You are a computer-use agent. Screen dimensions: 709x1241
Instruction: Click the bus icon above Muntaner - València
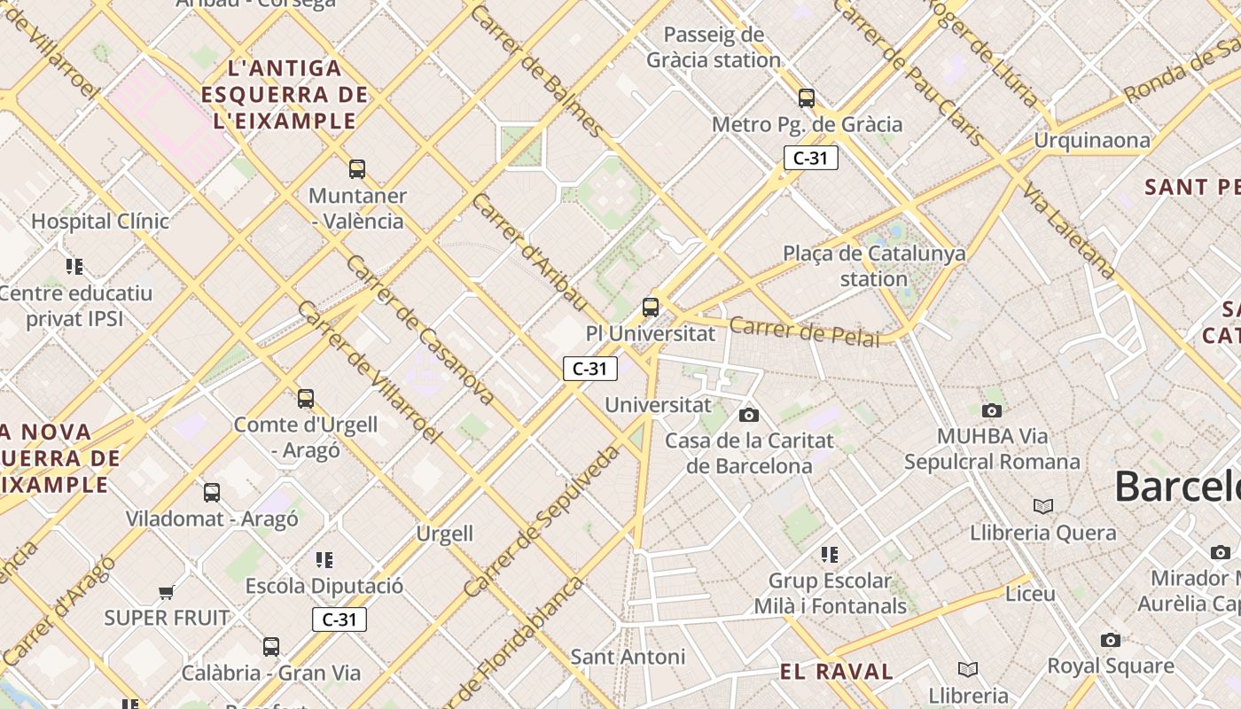(357, 168)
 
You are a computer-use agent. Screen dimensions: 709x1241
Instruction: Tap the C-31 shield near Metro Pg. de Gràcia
(810, 159)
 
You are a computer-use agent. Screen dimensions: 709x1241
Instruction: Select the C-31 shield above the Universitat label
(589, 369)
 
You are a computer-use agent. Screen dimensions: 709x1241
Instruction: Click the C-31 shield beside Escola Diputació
(339, 619)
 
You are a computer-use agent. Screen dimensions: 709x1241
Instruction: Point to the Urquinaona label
(1092, 140)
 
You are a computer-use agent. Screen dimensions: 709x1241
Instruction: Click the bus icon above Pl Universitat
(651, 308)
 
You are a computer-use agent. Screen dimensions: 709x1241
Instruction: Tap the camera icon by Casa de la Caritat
(749, 415)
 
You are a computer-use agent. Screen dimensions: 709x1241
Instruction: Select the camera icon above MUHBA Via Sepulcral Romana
(992, 410)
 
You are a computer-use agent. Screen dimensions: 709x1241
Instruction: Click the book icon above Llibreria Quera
(1043, 506)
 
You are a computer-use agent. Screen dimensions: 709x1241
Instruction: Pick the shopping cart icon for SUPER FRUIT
(166, 592)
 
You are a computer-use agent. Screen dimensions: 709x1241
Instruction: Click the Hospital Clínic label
(100, 221)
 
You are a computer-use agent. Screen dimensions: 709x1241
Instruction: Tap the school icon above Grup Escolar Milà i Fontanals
(830, 555)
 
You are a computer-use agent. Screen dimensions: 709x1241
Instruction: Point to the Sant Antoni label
(628, 657)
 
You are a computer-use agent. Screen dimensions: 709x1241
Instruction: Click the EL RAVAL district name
(837, 672)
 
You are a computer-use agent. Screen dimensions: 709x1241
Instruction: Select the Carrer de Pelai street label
(805, 331)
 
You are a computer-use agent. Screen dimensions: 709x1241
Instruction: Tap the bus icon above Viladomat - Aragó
(211, 493)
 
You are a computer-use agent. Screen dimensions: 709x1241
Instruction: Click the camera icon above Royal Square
(1110, 640)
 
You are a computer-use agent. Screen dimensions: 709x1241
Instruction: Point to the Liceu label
(1030, 593)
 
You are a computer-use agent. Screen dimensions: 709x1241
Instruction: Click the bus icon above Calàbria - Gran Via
(271, 647)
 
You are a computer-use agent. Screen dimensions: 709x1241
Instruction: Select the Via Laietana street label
(1066, 230)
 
